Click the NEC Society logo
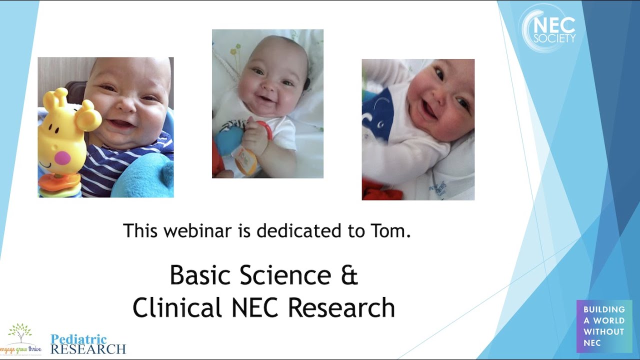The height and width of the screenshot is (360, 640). point(548,28)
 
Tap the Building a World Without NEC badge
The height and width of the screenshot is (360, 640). point(604,326)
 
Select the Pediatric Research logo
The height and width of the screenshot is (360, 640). point(88,344)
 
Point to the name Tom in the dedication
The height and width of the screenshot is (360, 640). point(393,231)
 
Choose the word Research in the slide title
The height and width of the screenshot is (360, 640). point(341,307)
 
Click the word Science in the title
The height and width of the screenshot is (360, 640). point(285,275)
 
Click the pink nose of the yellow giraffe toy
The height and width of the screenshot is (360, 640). point(62,158)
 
